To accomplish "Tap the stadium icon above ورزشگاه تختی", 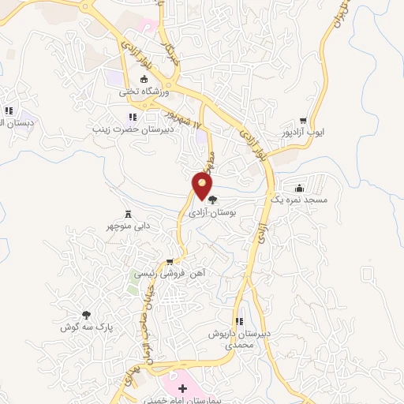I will coord(144,79).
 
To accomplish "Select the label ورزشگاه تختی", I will coord(144,92).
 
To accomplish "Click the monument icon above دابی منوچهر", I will coord(129,214).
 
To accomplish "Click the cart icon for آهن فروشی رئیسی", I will coord(170,261).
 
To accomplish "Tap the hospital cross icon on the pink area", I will coord(183,388).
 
